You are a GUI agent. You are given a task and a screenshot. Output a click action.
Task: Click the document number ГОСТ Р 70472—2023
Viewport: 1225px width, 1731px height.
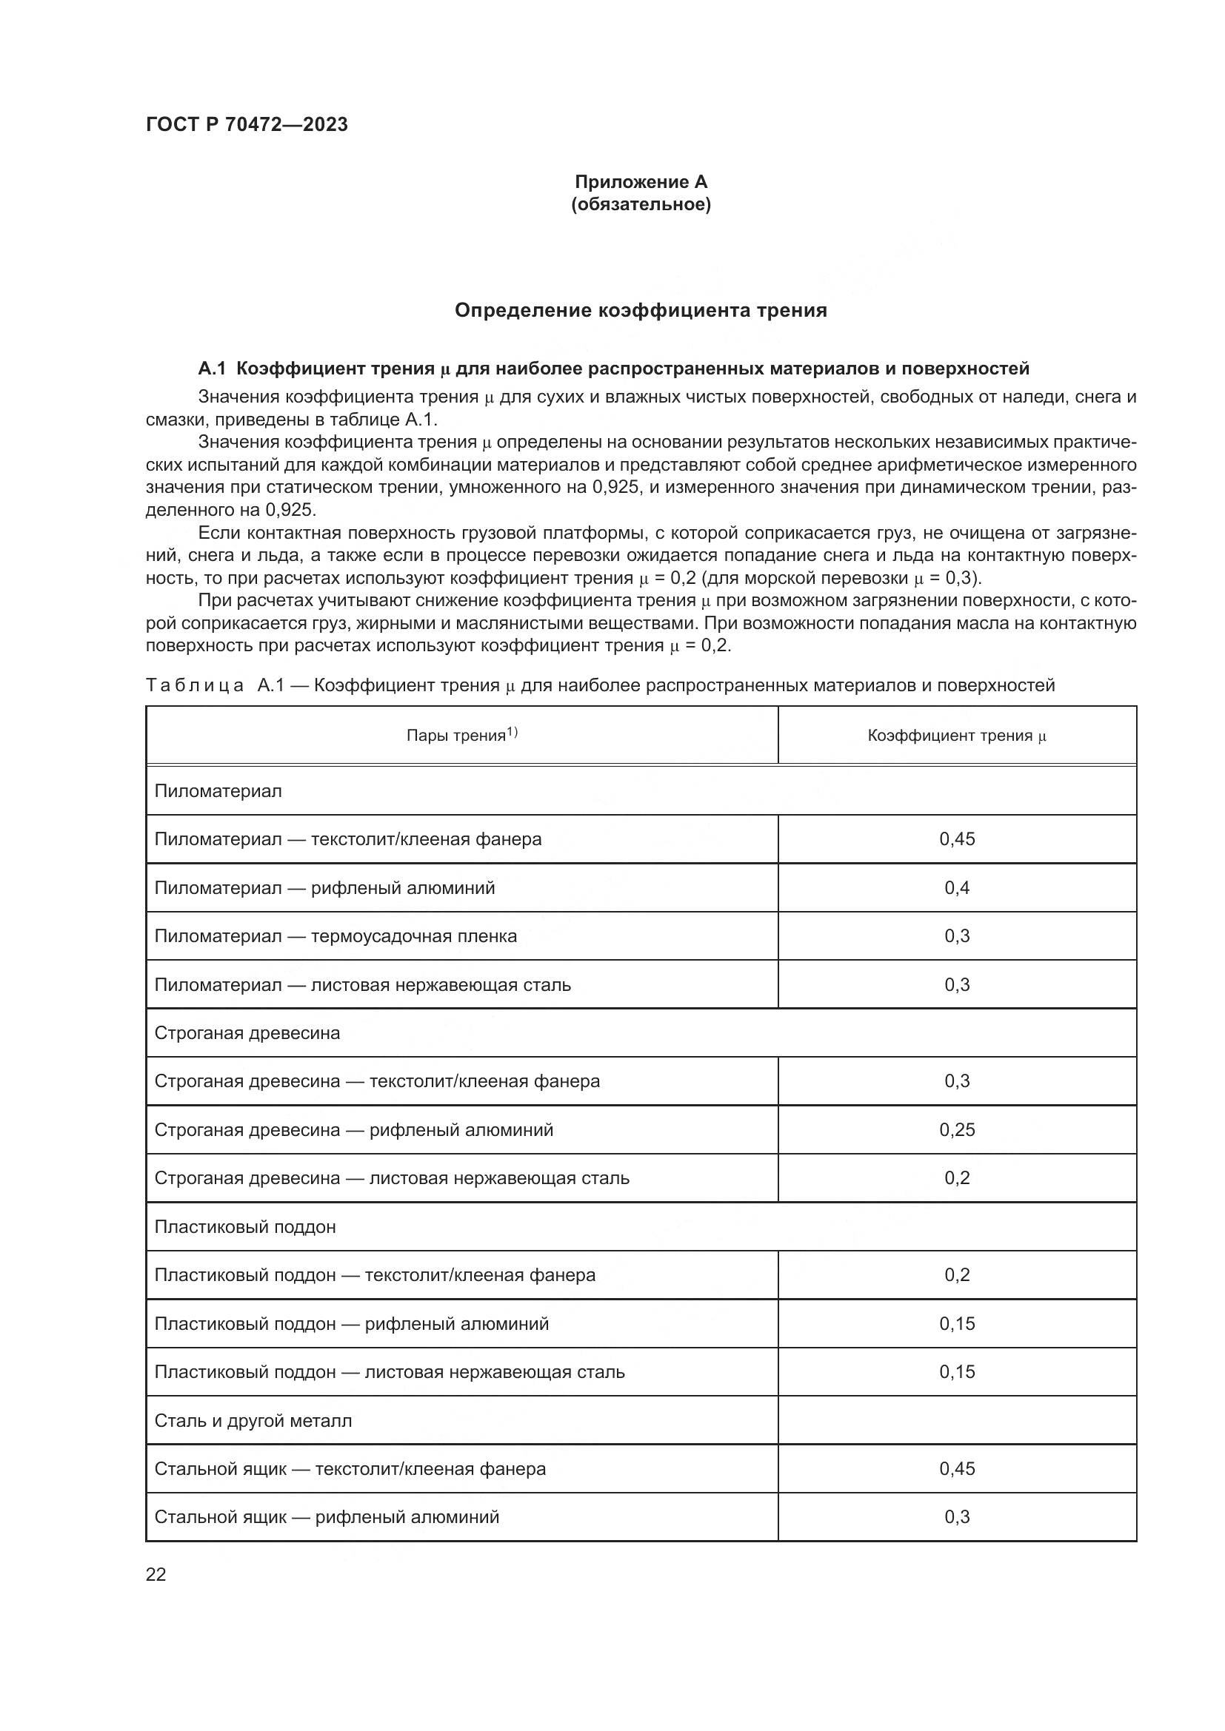[247, 124]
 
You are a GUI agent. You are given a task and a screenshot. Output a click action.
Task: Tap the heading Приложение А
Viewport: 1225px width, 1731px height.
[641, 182]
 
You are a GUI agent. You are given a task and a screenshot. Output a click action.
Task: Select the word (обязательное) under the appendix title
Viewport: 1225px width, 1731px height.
[641, 204]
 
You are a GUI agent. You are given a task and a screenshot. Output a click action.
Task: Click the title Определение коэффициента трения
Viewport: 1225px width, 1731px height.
[641, 311]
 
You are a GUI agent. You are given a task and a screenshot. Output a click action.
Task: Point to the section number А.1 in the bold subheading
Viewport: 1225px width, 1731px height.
[212, 369]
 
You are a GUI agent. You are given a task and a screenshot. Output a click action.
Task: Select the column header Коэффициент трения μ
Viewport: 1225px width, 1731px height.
[956, 736]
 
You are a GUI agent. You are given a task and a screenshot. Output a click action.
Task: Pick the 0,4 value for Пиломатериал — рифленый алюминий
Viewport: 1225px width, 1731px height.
[956, 888]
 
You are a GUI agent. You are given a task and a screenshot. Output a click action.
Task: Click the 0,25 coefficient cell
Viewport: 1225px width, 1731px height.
[956, 1130]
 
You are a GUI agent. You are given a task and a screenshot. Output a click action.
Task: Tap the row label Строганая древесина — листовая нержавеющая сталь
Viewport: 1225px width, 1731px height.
[392, 1178]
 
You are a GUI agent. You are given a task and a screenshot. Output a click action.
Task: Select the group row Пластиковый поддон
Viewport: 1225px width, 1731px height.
[245, 1227]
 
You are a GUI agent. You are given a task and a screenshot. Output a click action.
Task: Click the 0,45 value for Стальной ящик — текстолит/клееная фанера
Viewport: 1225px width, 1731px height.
[956, 1468]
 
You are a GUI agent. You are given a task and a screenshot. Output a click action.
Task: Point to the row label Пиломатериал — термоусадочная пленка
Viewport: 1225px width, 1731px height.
[336, 936]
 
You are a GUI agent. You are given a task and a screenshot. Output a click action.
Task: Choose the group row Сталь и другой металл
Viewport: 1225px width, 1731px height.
[253, 1421]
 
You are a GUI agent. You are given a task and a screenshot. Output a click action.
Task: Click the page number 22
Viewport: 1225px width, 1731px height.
[156, 1575]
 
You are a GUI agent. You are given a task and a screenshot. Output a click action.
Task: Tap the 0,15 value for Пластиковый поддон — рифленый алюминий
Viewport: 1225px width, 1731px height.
[956, 1324]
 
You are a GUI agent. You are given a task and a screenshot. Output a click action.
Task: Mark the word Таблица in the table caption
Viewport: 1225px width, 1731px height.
[195, 685]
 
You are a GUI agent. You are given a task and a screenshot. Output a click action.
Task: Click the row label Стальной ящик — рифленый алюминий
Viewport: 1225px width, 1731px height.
[327, 1517]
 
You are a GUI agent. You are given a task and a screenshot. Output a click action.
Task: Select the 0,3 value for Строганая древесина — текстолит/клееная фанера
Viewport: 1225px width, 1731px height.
[956, 1081]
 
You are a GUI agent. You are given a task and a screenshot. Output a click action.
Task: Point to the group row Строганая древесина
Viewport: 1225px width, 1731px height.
[247, 1033]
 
